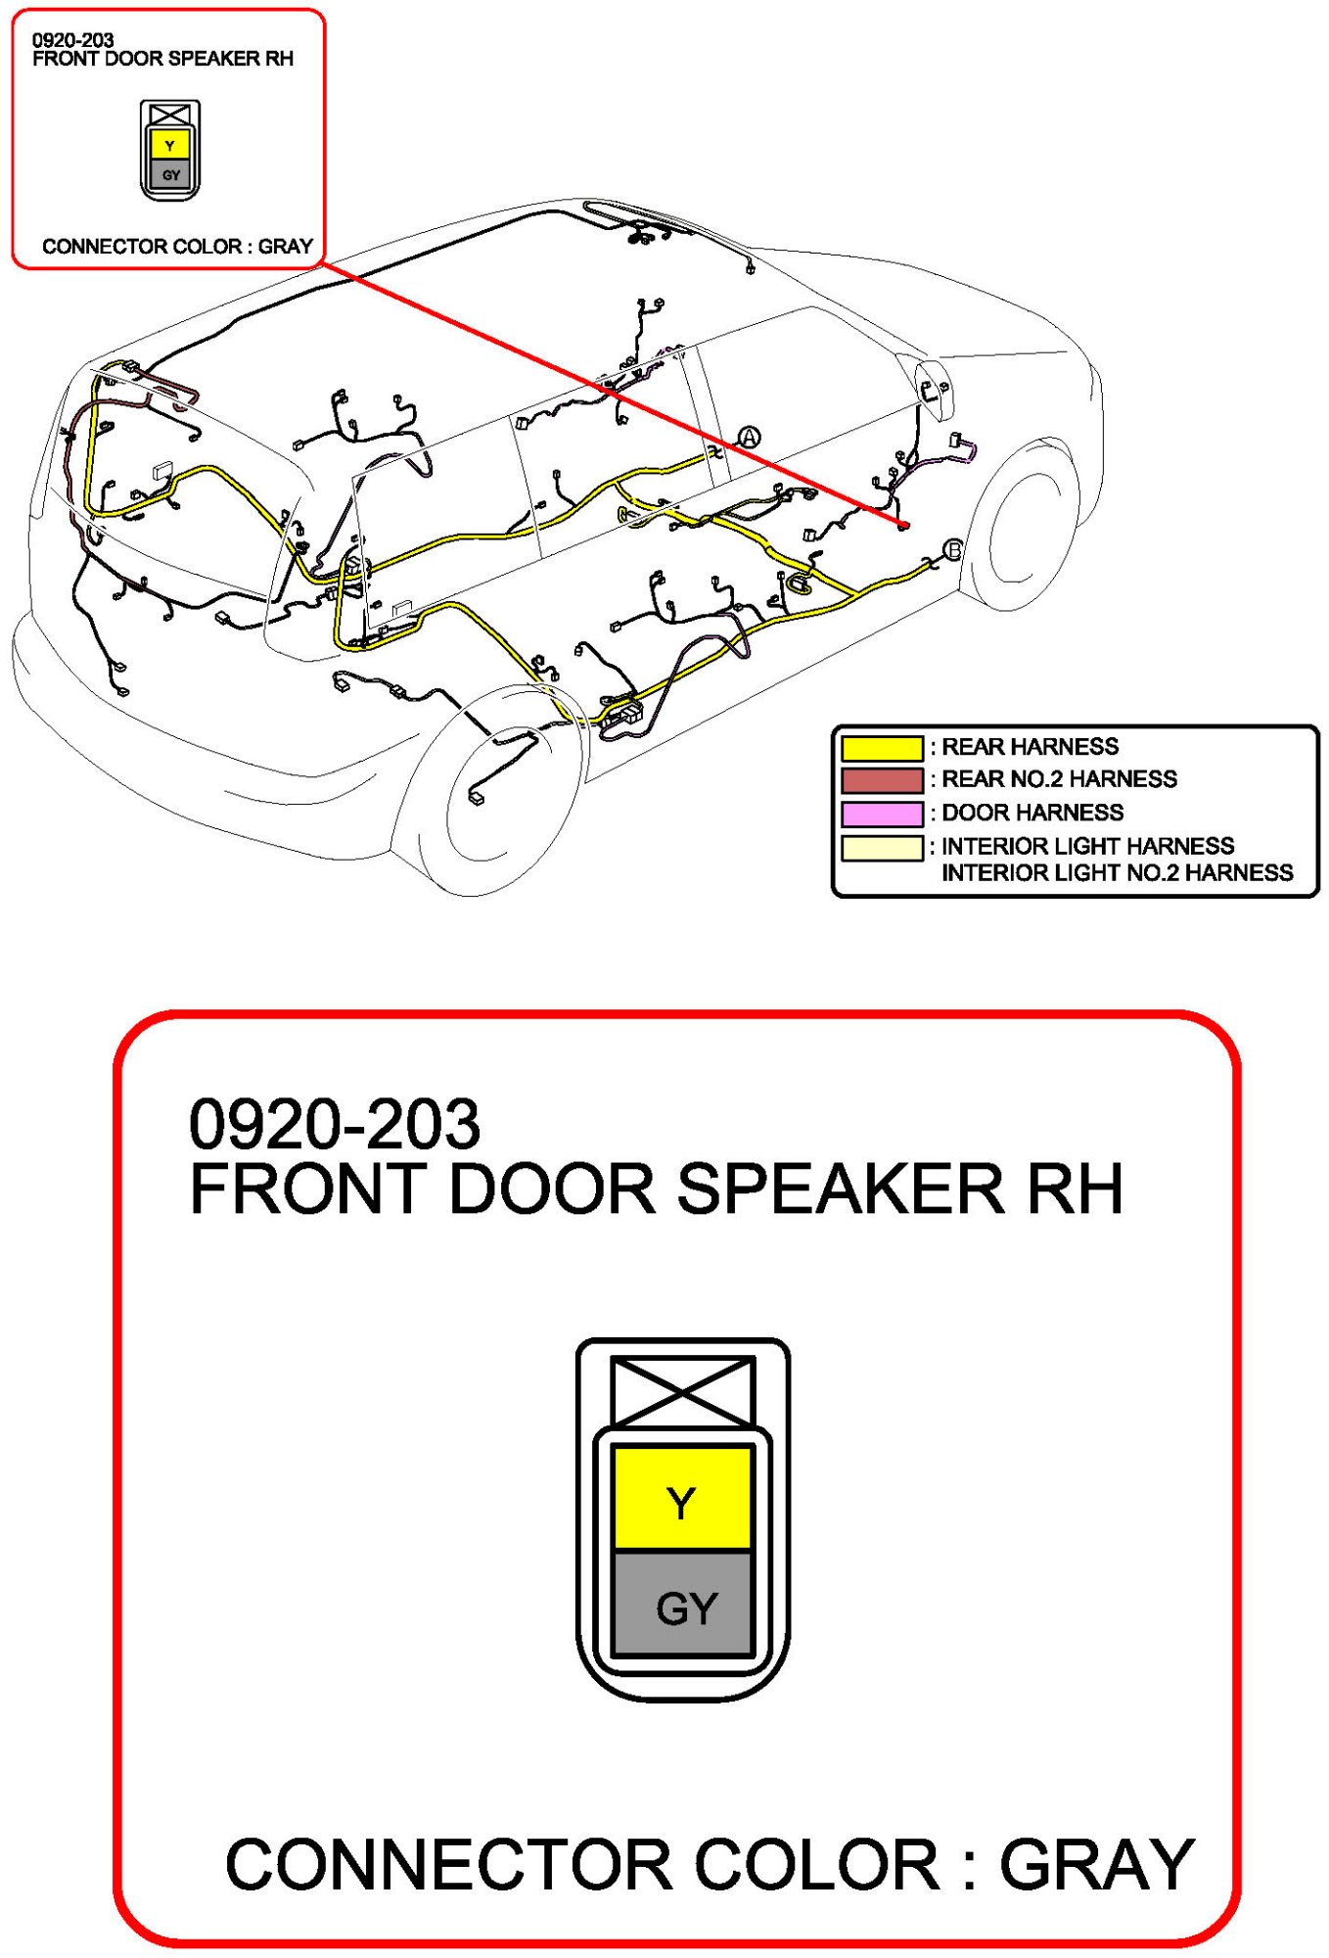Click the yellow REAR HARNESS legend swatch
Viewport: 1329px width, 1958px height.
(x=881, y=748)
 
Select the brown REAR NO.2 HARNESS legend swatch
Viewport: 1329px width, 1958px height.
(x=881, y=780)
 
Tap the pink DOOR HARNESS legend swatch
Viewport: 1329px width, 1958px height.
(x=881, y=814)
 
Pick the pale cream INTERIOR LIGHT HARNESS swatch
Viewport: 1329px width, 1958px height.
(x=881, y=847)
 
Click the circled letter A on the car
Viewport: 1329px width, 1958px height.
(x=749, y=438)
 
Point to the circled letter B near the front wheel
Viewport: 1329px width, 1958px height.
(x=952, y=550)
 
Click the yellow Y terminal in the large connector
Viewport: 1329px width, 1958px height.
(x=682, y=1499)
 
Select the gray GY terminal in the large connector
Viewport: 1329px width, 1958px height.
(x=682, y=1607)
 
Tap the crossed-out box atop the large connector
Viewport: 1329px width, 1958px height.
(x=682, y=1391)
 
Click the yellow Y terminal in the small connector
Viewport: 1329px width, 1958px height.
(x=170, y=146)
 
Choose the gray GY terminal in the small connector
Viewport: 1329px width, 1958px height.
(x=170, y=175)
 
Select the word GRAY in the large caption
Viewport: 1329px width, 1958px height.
(x=1096, y=1865)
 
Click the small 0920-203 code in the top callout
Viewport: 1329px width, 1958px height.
(x=72, y=40)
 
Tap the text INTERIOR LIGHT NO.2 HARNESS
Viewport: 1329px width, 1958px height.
(x=1117, y=872)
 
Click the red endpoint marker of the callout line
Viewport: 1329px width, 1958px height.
(x=903, y=526)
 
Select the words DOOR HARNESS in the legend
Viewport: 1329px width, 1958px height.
(x=1031, y=813)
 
